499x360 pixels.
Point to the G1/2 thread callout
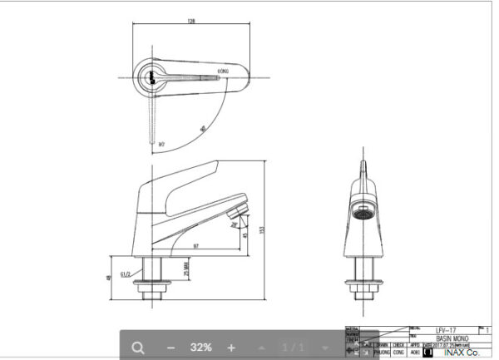coord(125,273)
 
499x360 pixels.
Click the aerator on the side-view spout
coord(239,208)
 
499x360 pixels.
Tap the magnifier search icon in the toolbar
coord(138,347)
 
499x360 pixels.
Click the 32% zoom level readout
coord(200,347)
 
